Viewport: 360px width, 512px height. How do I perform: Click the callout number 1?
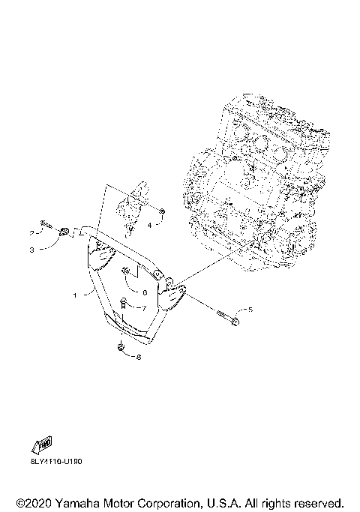click(74, 295)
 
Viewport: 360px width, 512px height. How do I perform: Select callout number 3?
click(32, 249)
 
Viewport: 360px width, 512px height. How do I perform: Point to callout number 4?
click(149, 223)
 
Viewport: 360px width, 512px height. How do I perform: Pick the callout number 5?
click(250, 309)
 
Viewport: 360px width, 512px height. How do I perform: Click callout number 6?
click(144, 292)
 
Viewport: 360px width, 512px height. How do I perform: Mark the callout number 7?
click(144, 308)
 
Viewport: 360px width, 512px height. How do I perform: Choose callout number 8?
click(138, 357)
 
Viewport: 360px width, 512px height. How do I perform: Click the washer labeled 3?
click(64, 231)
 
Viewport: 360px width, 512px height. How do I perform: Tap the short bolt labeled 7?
click(124, 304)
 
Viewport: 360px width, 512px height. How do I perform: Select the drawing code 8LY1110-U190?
click(57, 462)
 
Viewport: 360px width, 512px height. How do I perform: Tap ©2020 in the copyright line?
click(33, 502)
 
